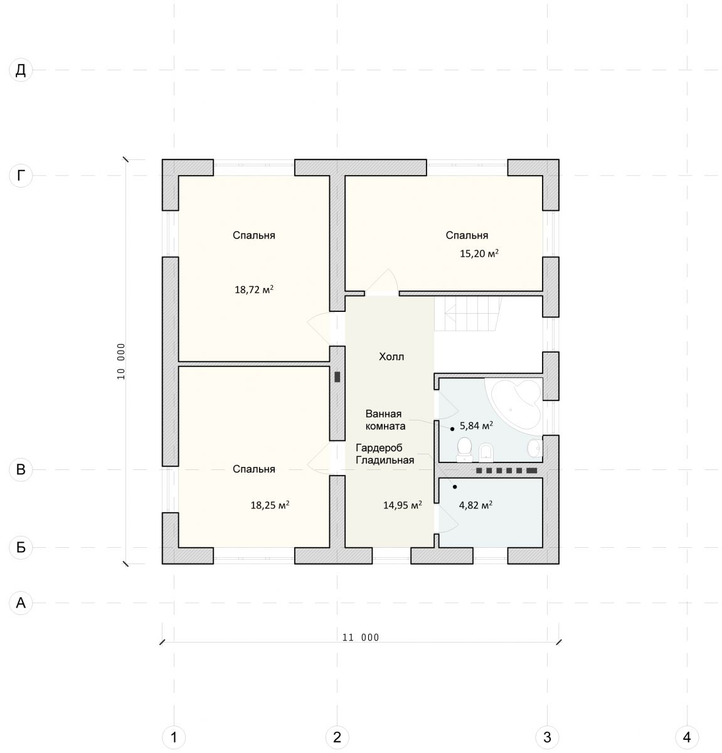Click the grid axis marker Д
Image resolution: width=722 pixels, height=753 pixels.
(x=21, y=70)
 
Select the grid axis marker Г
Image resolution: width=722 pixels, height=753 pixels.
(x=21, y=176)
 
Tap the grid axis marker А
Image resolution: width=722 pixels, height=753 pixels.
(x=21, y=602)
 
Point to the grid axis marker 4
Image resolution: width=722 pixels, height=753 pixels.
(x=686, y=737)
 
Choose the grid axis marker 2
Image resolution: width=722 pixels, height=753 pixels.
(x=337, y=737)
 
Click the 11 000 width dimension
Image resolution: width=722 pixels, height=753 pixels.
(x=361, y=638)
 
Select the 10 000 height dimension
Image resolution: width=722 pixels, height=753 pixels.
(x=121, y=361)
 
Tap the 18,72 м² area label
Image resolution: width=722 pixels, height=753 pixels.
(x=254, y=289)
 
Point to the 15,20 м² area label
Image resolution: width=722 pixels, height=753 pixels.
(x=479, y=254)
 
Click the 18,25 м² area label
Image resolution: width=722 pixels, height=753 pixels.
(x=270, y=505)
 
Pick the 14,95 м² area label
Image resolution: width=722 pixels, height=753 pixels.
(x=403, y=505)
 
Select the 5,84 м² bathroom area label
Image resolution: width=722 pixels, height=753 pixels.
(x=476, y=425)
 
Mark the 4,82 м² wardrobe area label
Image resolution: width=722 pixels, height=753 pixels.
(x=475, y=505)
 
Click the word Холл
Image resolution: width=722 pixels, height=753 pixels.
(x=391, y=356)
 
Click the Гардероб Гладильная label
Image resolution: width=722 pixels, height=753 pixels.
(x=385, y=454)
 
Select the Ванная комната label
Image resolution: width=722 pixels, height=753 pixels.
(x=385, y=420)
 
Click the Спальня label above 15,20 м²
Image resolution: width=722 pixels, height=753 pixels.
(x=467, y=235)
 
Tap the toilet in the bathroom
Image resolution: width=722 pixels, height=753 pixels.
(x=464, y=450)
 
